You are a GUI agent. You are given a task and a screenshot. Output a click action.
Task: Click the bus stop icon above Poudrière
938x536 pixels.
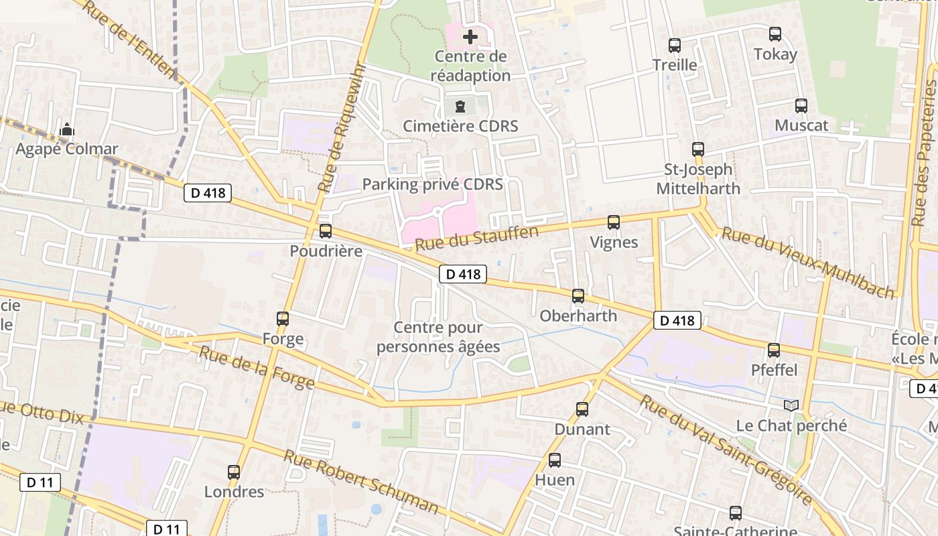pyautogui.click(x=326, y=231)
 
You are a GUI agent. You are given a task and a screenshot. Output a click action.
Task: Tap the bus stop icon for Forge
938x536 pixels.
pyautogui.click(x=283, y=319)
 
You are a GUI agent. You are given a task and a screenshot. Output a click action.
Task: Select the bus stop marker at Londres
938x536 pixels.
pyautogui.click(x=234, y=472)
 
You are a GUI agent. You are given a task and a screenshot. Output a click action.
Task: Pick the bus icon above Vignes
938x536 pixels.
pyautogui.click(x=614, y=222)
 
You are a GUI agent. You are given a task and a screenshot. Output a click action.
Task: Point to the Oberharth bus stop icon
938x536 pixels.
pyautogui.click(x=578, y=295)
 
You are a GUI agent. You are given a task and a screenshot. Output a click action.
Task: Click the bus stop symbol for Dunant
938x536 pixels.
pyautogui.click(x=582, y=409)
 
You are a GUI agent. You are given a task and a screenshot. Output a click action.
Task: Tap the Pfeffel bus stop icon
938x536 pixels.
pyautogui.click(x=774, y=350)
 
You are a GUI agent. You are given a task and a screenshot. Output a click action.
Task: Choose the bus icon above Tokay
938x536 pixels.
pyautogui.click(x=775, y=33)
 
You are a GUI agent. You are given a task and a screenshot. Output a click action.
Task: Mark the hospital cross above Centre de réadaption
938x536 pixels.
pyautogui.click(x=470, y=36)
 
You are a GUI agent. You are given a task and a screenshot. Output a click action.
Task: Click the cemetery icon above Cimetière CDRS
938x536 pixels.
pyautogui.click(x=460, y=106)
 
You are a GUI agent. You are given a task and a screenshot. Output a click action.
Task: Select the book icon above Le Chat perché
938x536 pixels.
pyautogui.click(x=791, y=405)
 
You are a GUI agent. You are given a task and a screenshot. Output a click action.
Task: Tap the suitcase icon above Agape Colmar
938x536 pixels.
pyautogui.click(x=66, y=129)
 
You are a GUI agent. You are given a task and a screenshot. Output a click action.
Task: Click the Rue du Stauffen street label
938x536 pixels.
pyautogui.click(x=476, y=239)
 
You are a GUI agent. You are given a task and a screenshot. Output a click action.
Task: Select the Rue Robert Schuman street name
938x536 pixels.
pyautogui.click(x=361, y=482)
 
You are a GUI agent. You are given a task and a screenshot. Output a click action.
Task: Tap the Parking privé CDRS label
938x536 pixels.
pyautogui.click(x=432, y=184)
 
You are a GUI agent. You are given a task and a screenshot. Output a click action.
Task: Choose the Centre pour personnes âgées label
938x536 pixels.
pyautogui.click(x=438, y=337)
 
